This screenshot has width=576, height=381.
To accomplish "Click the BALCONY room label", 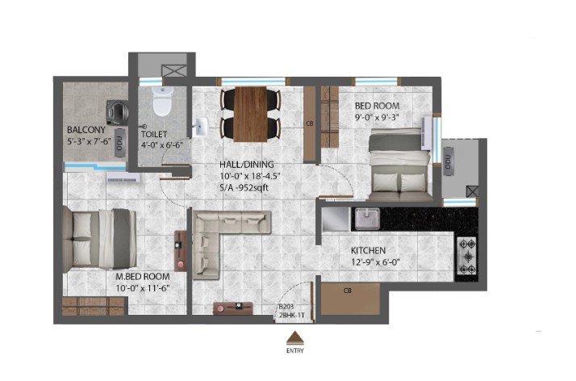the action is coord(86,130).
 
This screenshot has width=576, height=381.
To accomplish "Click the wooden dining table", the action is coord(251,114).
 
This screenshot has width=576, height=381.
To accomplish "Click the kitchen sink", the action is coord(367,219).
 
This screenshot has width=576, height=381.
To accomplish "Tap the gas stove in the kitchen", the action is coord(467,256).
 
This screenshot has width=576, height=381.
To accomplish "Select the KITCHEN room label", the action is coord(368,250).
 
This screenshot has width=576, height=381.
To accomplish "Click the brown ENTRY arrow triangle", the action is coord(294,337).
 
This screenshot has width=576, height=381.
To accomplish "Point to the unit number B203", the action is coord(286,307).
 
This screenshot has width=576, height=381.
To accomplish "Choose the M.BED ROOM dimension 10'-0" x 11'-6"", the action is coord(143,288).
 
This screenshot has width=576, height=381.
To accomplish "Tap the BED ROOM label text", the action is coord(377,106).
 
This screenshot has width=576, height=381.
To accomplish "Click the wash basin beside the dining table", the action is coord(200,127).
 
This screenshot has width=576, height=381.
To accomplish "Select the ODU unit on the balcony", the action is coord(119,143).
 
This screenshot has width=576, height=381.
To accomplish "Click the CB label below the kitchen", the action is coord(348,291).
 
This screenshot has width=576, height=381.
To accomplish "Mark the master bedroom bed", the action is coord(99,239).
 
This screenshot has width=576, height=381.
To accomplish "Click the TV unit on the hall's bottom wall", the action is coord(233,308).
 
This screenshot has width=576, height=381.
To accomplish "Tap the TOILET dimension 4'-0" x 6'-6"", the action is coord(162,144).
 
